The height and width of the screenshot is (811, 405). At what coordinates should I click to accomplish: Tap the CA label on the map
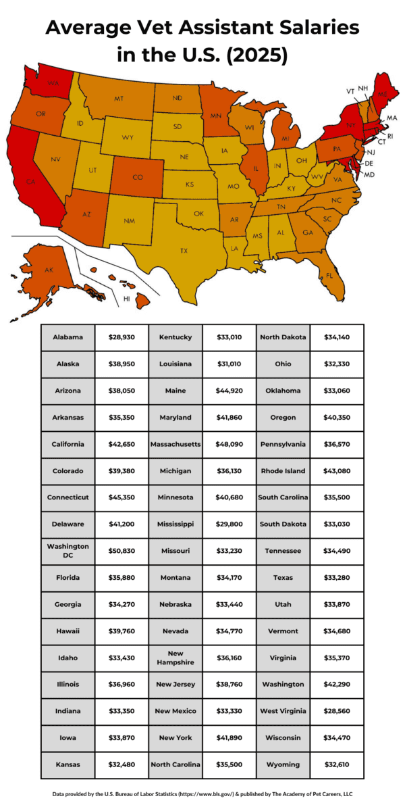30,182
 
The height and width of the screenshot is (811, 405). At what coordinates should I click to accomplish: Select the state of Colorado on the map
138,177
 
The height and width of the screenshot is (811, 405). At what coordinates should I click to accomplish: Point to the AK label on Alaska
49,270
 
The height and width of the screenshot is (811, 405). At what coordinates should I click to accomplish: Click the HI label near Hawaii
126,297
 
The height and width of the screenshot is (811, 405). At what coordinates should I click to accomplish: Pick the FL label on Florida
329,276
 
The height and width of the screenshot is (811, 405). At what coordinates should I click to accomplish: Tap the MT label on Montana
119,99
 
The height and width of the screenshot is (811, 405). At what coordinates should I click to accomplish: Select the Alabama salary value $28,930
122,337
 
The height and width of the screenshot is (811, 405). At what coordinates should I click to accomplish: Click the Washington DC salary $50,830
122,550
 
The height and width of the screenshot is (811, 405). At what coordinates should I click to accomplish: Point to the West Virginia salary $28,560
337,711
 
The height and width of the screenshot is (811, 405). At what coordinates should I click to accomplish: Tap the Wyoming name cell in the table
283,764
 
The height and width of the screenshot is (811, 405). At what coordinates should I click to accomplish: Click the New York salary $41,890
229,737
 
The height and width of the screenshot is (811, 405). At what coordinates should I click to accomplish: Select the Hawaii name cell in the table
68,631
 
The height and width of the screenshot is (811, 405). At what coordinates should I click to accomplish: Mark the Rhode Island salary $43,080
337,470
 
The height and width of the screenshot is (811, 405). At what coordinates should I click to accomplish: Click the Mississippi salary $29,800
229,524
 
